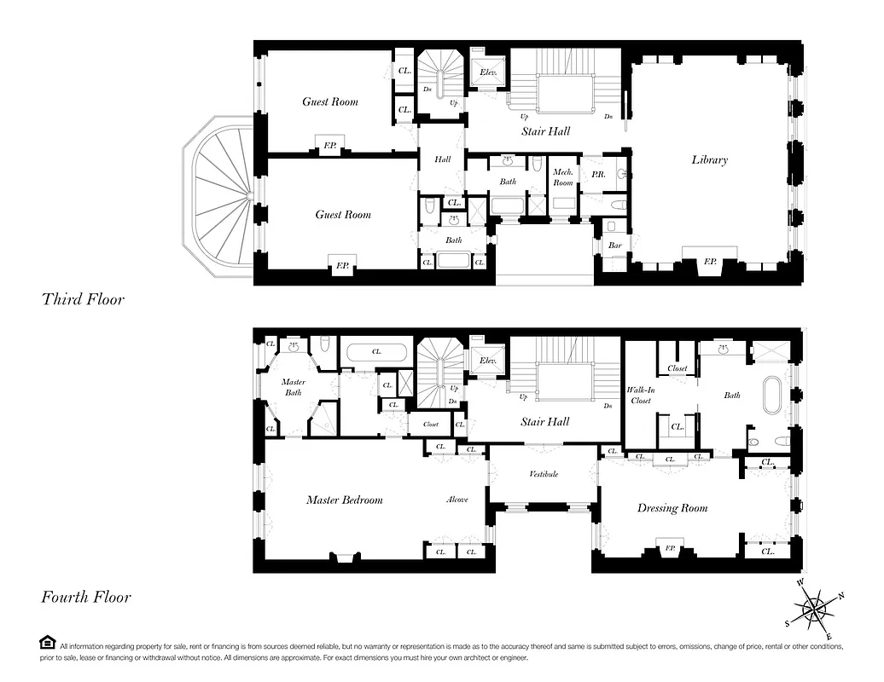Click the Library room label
tap(709, 159)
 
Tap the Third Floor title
tap(83, 299)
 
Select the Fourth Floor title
tap(86, 597)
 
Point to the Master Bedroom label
tap(344, 500)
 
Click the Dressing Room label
tap(672, 508)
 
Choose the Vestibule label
tap(544, 474)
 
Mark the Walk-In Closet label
tap(640, 395)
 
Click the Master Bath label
tap(294, 387)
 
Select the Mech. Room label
tap(563, 177)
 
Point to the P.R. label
tap(597, 174)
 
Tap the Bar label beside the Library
tap(614, 246)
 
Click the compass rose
tap(815, 609)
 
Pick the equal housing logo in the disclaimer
tap(48, 643)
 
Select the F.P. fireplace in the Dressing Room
tap(670, 548)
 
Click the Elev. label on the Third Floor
tap(488, 72)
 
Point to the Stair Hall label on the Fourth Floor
tap(545, 421)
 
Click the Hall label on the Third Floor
tap(442, 159)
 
